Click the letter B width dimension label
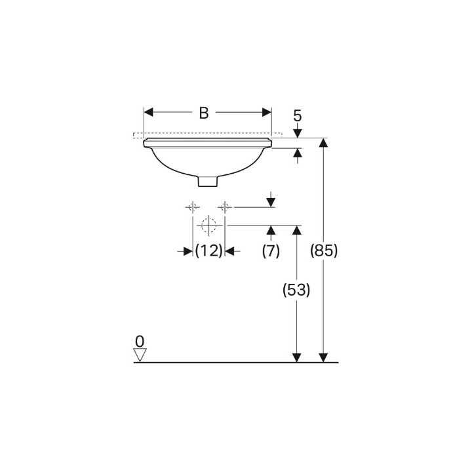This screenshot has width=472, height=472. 203,113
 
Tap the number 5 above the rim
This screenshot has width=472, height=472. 297,116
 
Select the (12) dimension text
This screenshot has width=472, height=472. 208,250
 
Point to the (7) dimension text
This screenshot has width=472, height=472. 271,250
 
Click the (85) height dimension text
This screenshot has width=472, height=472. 323,250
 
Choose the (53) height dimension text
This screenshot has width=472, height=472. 296,290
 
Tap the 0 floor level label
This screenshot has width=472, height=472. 139,341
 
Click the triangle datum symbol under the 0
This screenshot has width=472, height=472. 139,355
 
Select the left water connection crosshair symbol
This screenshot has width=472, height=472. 193,207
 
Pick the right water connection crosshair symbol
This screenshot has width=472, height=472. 225,207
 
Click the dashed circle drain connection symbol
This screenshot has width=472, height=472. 208,225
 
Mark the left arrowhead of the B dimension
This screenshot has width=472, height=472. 148,113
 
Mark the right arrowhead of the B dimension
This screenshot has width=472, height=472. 267,113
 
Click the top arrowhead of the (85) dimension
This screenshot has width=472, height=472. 323,143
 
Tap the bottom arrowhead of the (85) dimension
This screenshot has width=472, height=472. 323,357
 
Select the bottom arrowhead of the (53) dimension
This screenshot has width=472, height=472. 296,357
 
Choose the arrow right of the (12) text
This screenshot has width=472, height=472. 230,250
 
